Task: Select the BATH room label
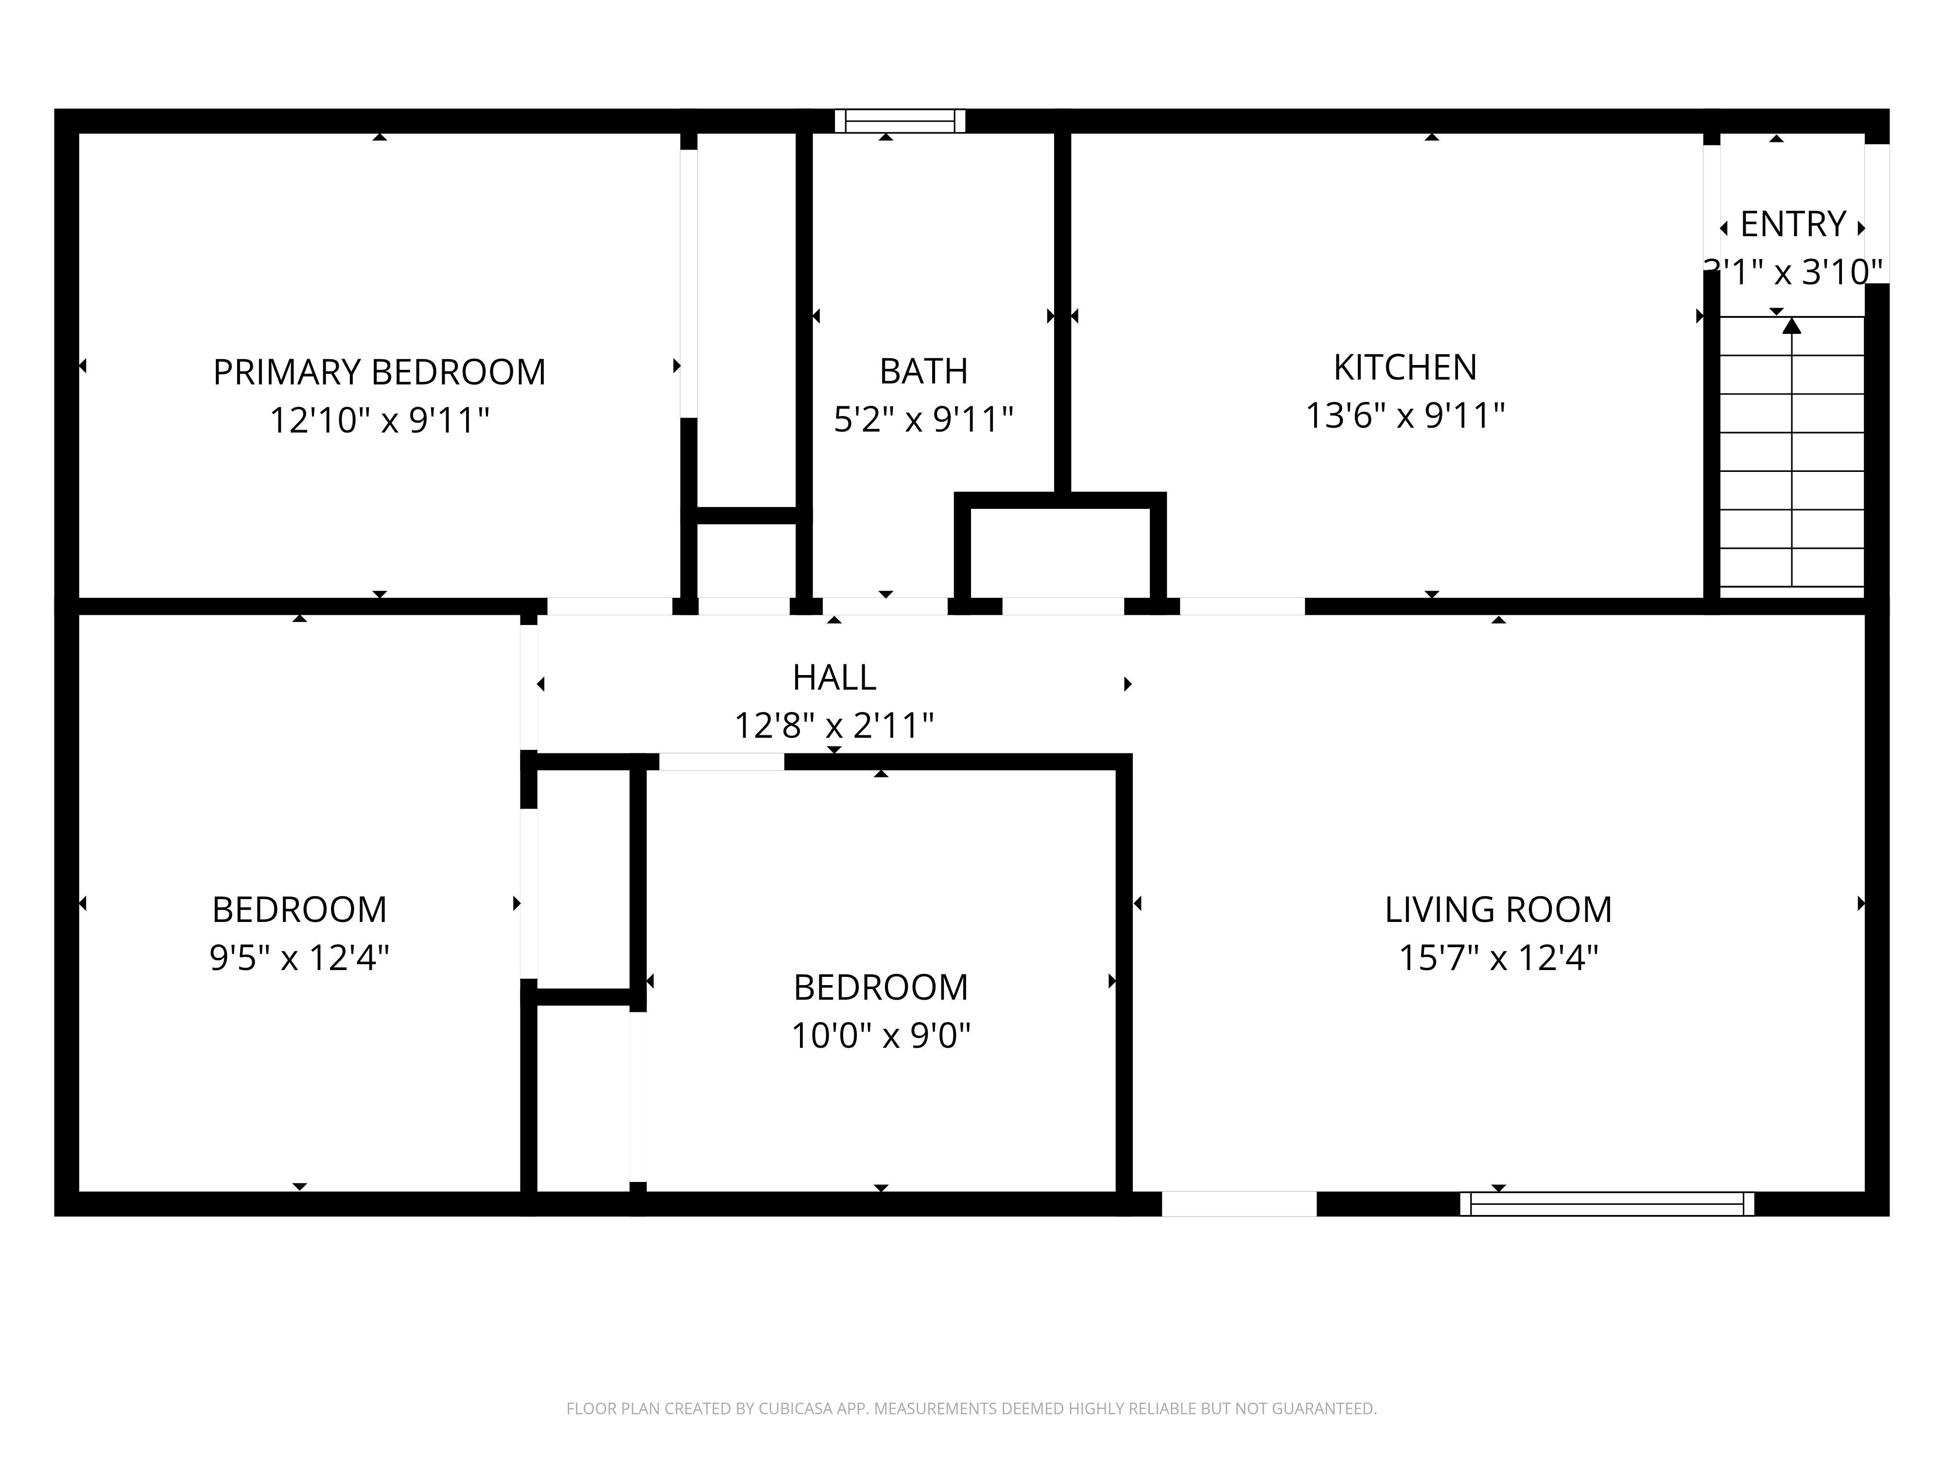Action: coord(924,372)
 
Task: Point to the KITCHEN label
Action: coord(1406,367)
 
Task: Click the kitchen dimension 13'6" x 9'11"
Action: coord(1406,415)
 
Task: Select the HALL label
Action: coord(834,677)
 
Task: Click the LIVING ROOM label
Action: coord(1498,910)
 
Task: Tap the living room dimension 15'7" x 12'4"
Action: coord(1498,957)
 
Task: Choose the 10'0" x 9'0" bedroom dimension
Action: coord(881,1035)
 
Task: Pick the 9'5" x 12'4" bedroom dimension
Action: coord(300,957)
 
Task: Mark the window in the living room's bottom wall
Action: coord(1607,1204)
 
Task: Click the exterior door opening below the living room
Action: coord(1239,1204)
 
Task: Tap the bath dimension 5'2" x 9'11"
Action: coord(924,419)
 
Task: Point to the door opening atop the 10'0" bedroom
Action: coord(722,762)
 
